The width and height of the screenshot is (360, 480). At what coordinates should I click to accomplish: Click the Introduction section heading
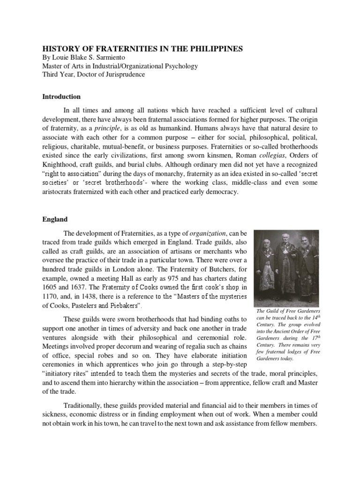[x=62, y=97]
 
